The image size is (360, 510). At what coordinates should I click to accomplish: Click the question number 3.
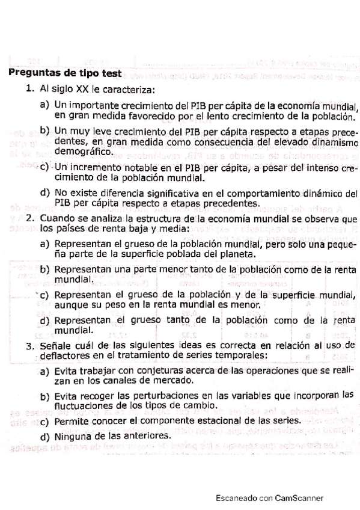coord(29,345)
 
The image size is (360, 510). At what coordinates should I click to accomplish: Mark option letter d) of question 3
coord(44,437)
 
